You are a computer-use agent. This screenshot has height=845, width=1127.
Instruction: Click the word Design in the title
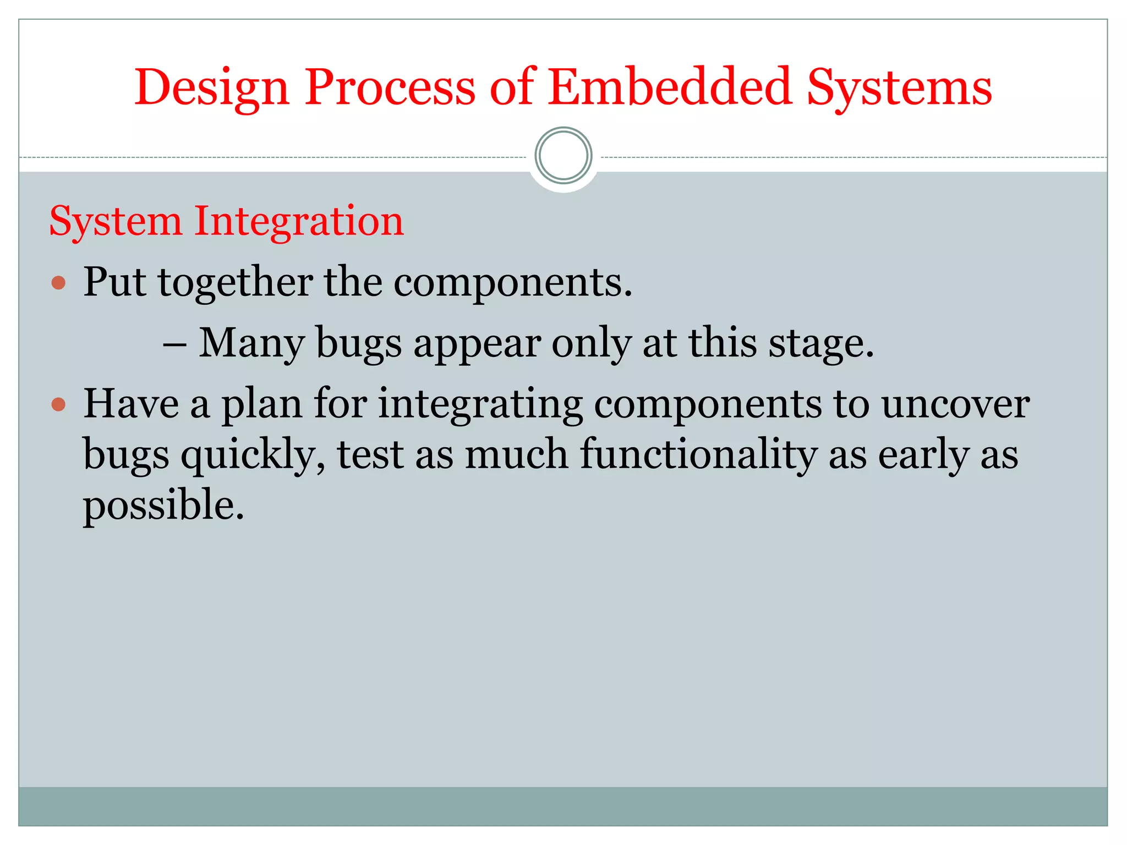212,88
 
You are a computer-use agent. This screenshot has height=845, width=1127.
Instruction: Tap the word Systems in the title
899,88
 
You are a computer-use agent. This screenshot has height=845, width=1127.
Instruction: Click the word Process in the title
390,88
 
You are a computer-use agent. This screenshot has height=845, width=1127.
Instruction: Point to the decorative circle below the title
563,156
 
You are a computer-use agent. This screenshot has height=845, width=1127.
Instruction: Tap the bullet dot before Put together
58,283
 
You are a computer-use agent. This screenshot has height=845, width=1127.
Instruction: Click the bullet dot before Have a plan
58,405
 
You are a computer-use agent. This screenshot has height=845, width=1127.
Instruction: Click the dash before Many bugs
174,344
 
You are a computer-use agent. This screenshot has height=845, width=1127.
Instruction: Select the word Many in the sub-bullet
251,344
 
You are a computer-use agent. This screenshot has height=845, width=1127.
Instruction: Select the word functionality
698,456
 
